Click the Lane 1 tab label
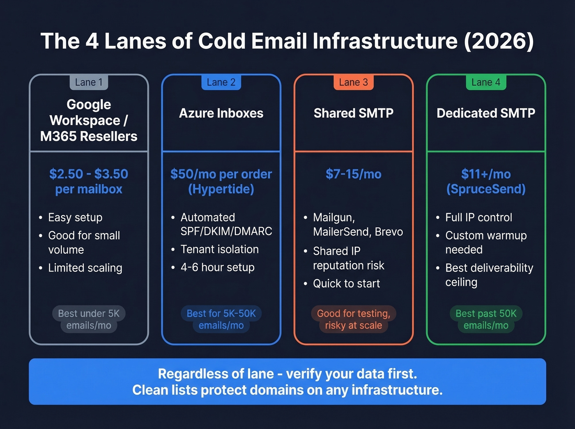[89, 82]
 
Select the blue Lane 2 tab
[221, 82]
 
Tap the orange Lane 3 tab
[353, 82]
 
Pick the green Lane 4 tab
[486, 82]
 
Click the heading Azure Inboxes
[221, 113]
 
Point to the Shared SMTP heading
[353, 113]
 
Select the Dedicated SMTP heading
[486, 113]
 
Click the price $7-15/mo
[353, 174]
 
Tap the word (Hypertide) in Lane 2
[221, 189]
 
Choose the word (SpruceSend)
[486, 189]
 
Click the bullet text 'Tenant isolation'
[219, 249]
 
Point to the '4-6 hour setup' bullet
[217, 267]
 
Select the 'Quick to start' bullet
[346, 283]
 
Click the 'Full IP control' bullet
[478, 217]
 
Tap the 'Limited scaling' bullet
[85, 268]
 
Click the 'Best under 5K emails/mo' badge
[89, 319]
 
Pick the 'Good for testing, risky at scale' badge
[353, 319]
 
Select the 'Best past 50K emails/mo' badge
[486, 319]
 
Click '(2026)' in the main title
[499, 41]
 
